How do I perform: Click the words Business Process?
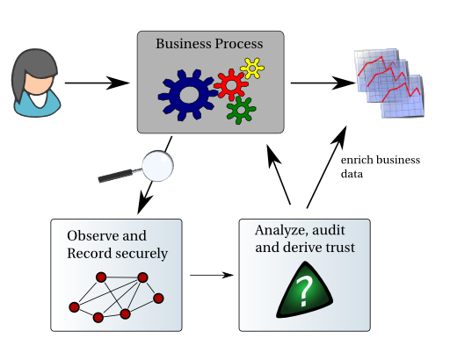pos(209,44)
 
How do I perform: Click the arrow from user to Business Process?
pos(97,83)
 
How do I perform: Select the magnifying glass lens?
pos(158,166)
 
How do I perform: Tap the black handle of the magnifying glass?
pos(116,176)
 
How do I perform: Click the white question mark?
pos(304,292)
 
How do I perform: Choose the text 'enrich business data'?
pos(381,167)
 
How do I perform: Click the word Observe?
pos(93,235)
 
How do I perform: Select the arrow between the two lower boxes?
pos(212,275)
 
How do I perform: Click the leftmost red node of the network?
pos(74,307)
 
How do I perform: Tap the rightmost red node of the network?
pos(158,299)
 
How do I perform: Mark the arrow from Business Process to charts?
pos(323,83)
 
